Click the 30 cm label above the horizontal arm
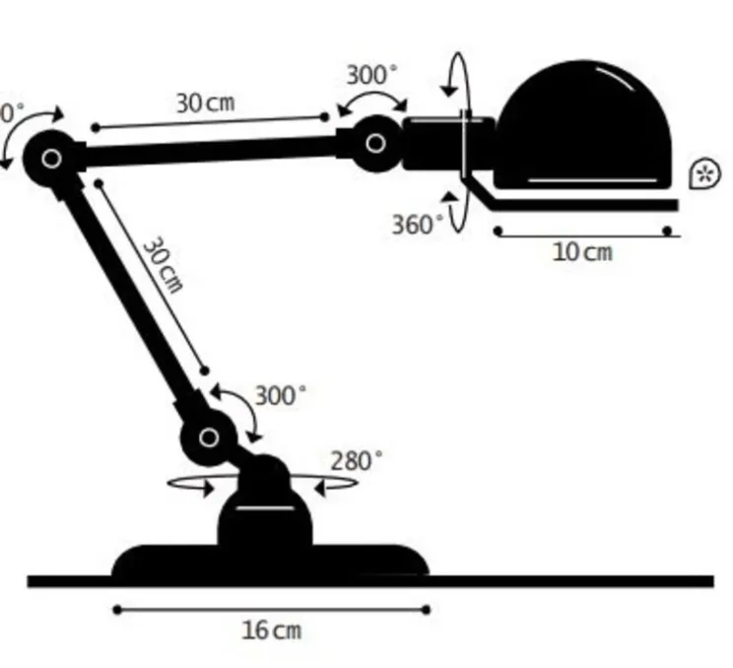[x=206, y=101]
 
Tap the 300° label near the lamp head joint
[x=372, y=75]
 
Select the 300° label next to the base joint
[x=281, y=396]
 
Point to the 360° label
[x=418, y=225]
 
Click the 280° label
[x=356, y=460]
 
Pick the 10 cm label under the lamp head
[x=582, y=252]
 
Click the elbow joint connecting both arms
[x=51, y=158]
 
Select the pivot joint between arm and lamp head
[x=375, y=144]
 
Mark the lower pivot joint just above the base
[x=209, y=436]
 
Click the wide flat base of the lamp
[x=271, y=561]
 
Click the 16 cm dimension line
[x=271, y=610]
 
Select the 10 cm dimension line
[x=582, y=233]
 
